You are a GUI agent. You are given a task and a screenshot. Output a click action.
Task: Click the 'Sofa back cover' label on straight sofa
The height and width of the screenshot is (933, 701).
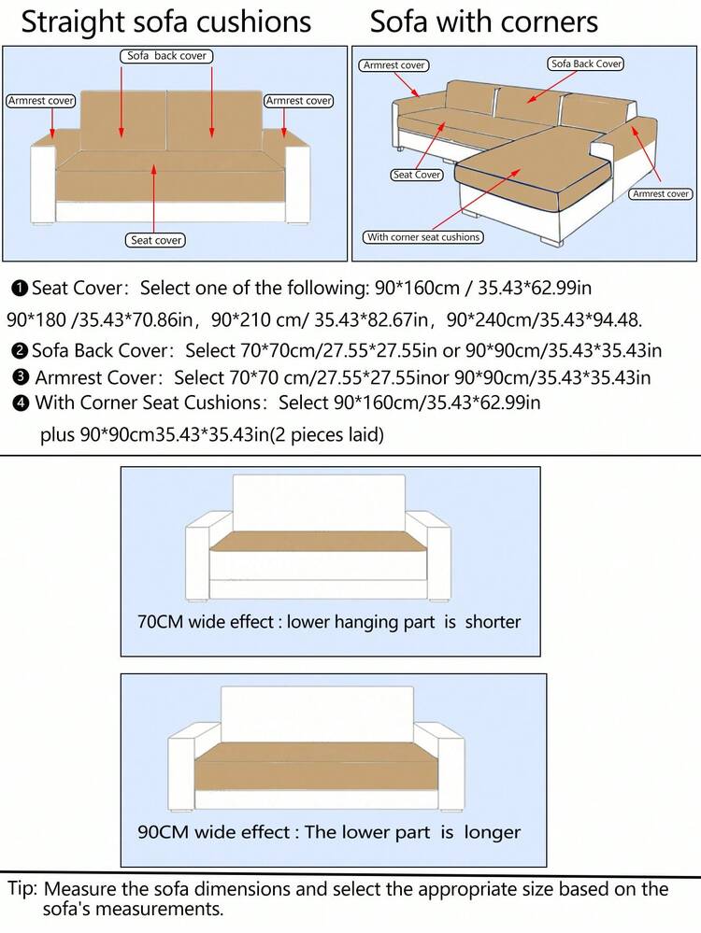[166, 57]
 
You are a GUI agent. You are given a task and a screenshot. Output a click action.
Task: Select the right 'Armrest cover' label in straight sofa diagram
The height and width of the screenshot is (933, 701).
[299, 101]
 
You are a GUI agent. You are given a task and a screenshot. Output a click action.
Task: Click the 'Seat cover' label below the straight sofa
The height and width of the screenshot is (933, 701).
[156, 241]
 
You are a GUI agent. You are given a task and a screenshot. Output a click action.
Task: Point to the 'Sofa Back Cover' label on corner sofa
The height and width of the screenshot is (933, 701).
[586, 64]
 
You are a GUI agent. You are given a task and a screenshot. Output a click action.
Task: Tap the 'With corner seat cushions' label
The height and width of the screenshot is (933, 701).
[423, 237]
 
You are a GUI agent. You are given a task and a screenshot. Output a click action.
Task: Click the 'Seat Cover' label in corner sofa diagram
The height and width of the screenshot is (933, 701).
[417, 175]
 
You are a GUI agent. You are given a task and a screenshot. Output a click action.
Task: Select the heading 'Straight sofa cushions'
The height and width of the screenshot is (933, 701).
[165, 21]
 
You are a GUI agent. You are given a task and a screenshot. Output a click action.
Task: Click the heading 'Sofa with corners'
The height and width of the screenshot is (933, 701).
[483, 21]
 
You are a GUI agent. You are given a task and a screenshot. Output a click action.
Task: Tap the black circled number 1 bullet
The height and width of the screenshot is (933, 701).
[20, 288]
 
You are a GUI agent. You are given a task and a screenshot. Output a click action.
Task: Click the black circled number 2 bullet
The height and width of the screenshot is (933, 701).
[20, 352]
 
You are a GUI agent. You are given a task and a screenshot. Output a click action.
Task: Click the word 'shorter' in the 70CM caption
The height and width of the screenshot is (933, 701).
[493, 622]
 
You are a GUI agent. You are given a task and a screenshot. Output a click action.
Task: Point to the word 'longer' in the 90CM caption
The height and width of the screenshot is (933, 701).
[493, 832]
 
